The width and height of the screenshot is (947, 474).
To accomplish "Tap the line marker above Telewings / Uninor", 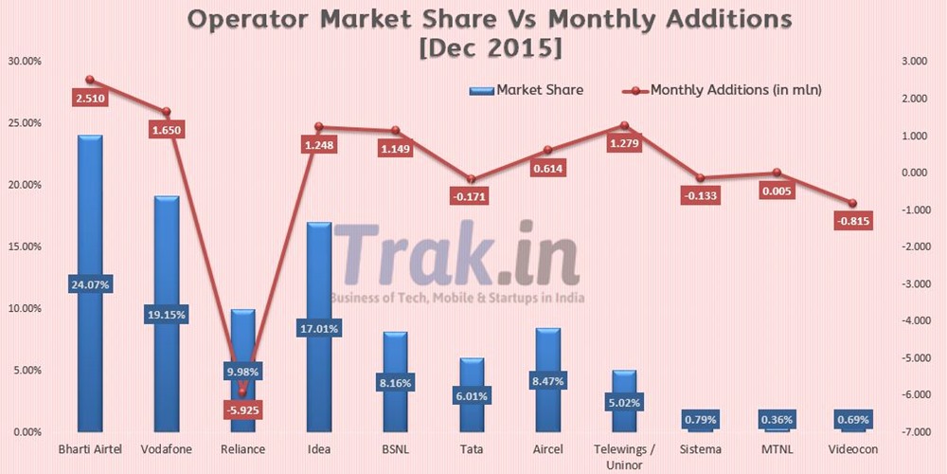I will [624, 125].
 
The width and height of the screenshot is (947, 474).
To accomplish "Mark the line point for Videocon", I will [852, 203].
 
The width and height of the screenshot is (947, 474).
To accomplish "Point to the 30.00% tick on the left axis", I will [25, 62].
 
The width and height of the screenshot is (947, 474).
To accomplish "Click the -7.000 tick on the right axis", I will [912, 432].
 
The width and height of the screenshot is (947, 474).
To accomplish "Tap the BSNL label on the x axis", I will [396, 448].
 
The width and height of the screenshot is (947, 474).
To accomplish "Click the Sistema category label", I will [701, 448].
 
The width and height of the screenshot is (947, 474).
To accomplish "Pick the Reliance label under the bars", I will [242, 448].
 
